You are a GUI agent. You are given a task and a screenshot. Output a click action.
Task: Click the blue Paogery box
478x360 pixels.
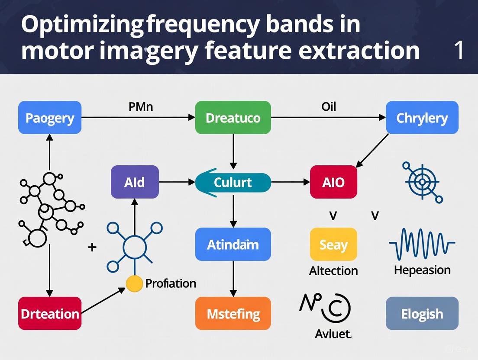(50, 118)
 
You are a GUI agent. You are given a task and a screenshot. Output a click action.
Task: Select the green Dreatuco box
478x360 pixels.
(233, 118)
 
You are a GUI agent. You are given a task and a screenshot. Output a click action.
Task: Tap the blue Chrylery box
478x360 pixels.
(422, 118)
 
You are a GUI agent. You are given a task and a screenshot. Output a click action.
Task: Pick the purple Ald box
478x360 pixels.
(135, 182)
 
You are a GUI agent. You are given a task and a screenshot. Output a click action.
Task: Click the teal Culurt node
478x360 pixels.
(233, 182)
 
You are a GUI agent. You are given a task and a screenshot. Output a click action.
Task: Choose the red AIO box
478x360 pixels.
(333, 182)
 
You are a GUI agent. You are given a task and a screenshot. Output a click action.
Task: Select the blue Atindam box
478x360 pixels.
(233, 244)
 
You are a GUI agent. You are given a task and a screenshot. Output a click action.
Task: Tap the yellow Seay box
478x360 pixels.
(333, 244)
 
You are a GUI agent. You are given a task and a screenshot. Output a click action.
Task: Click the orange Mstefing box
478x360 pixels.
(233, 313)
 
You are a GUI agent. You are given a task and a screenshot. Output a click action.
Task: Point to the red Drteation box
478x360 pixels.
(50, 313)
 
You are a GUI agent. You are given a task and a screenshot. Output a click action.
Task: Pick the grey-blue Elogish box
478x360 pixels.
(422, 313)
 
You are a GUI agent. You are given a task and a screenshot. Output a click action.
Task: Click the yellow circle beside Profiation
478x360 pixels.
(134, 283)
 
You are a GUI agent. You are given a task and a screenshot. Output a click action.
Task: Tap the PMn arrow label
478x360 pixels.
(141, 106)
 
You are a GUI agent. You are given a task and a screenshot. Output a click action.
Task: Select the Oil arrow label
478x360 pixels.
(329, 106)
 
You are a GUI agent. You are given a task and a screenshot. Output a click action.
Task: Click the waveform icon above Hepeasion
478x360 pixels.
(422, 244)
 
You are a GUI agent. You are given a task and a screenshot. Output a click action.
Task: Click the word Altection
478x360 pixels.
(333, 271)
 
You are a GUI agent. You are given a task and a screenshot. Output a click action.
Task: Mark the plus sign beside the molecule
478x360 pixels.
(92, 247)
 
